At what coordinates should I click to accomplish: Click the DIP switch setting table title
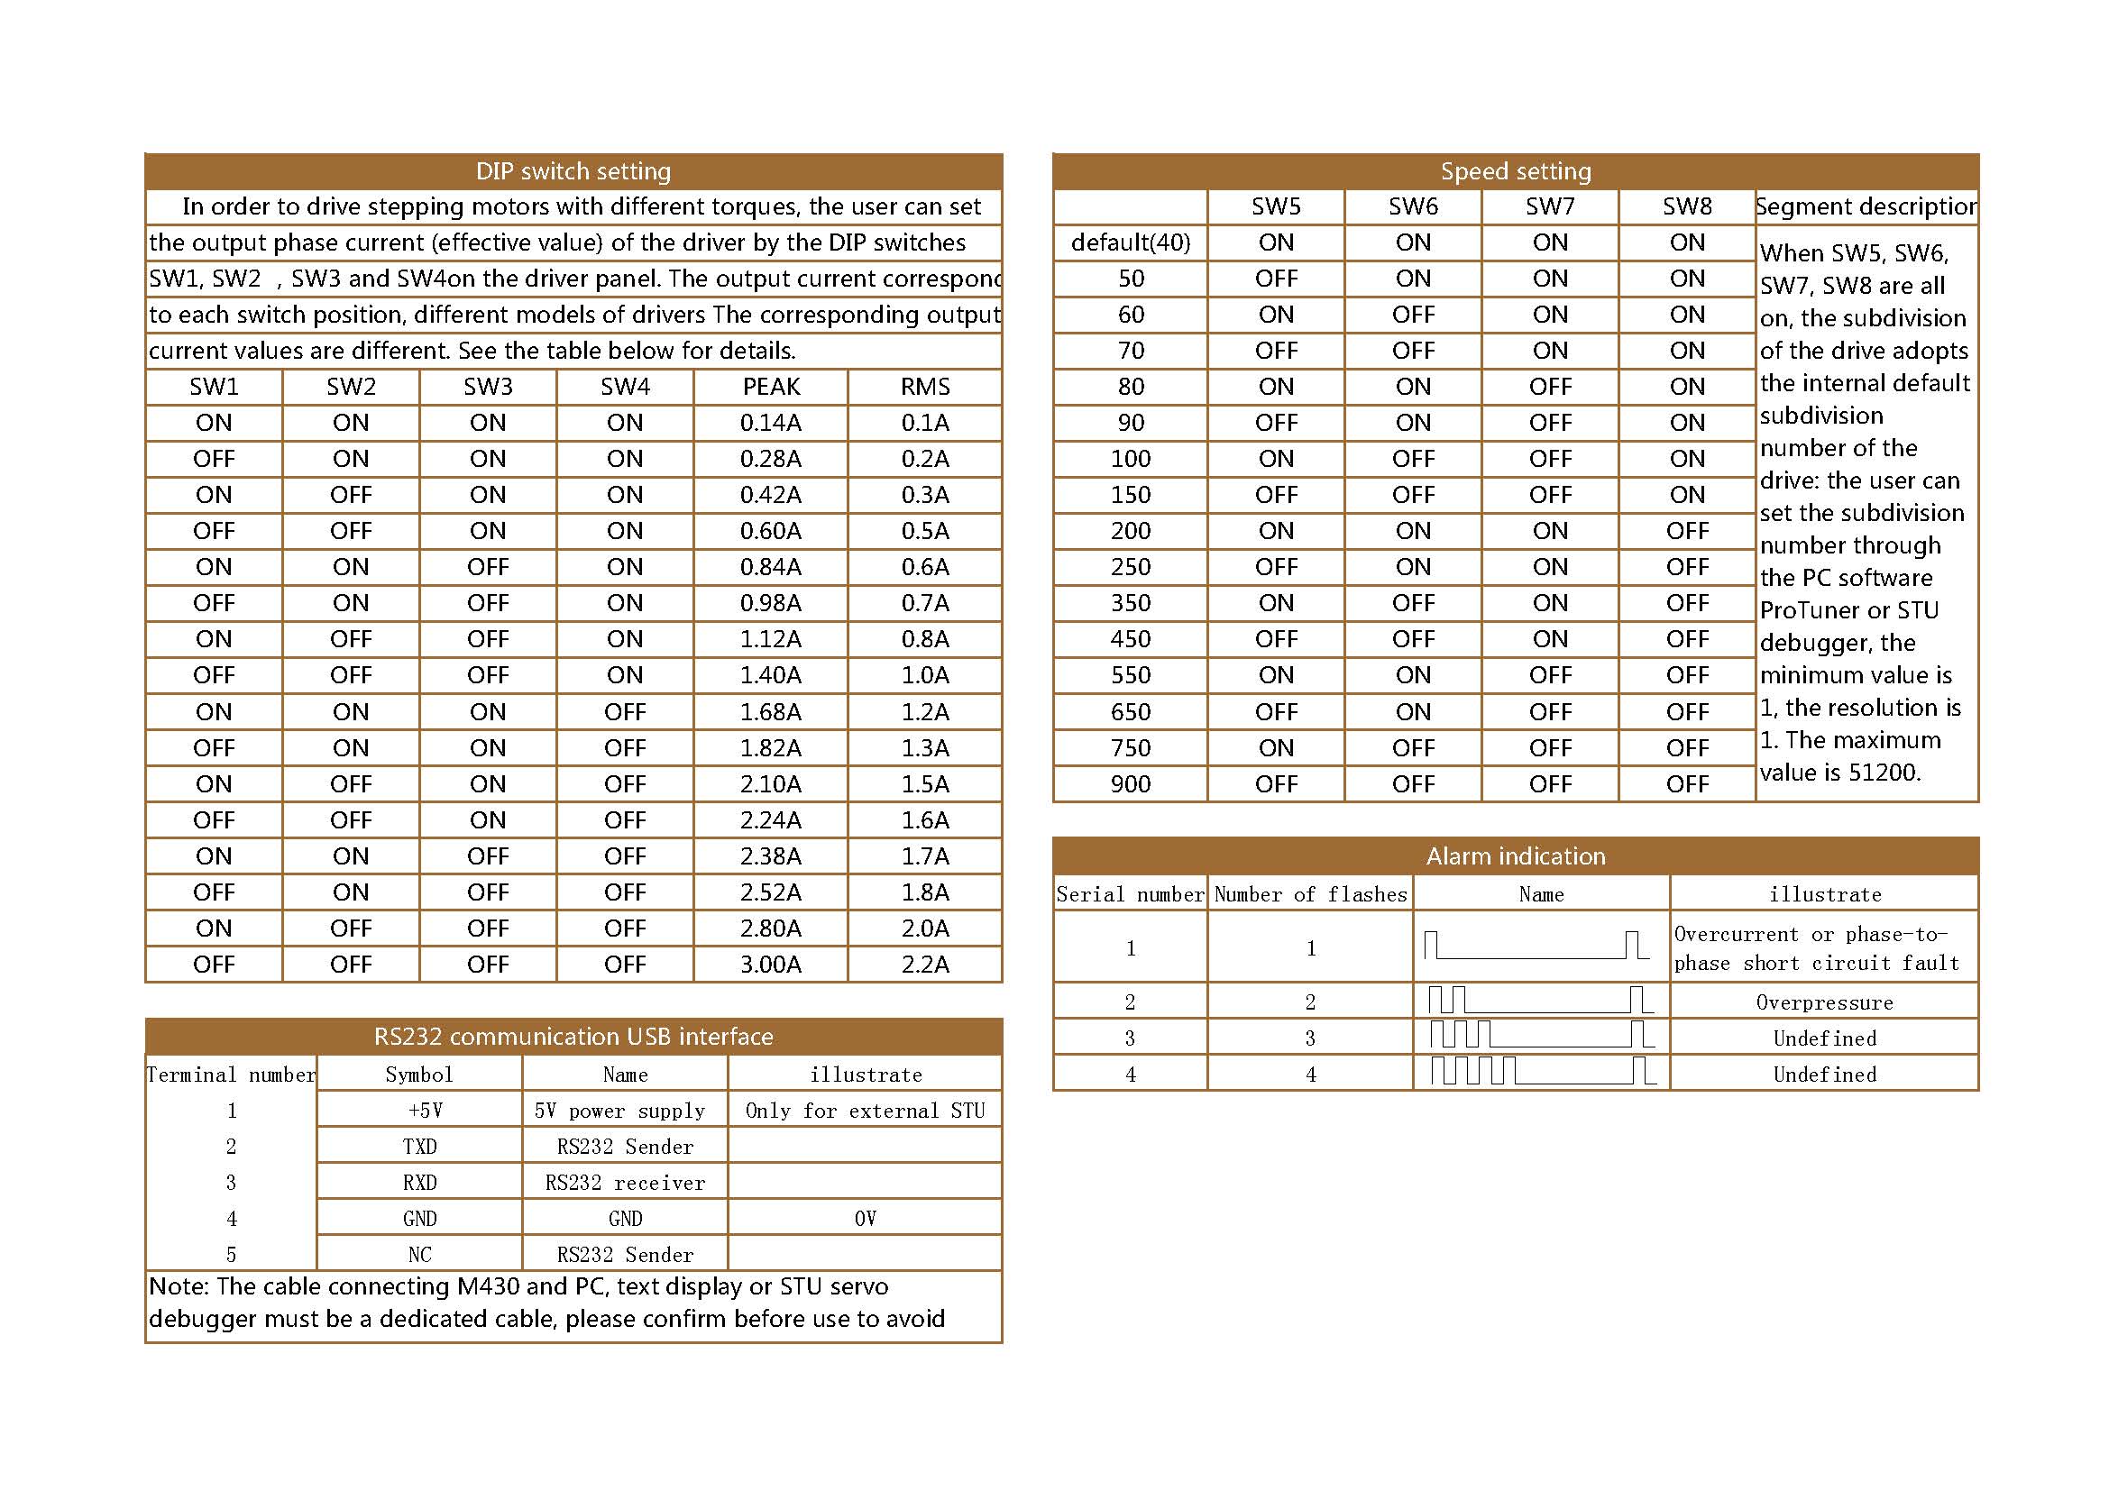[573, 171]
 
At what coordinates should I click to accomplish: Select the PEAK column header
[771, 387]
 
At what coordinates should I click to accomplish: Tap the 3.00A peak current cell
[771, 964]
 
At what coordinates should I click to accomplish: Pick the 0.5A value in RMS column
[924, 531]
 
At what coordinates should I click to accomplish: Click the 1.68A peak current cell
[771, 711]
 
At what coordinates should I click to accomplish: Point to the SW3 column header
[488, 387]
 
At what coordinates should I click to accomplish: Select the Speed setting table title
[1515, 171]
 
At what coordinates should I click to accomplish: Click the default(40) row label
[1130, 242]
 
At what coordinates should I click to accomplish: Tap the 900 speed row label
[1130, 784]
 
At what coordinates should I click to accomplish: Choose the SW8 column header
[1686, 206]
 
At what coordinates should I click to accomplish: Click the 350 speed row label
[1130, 603]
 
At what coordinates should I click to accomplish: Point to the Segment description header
[1866, 206]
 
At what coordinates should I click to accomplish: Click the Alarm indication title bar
[1515, 855]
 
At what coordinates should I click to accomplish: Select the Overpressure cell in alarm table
[1823, 1002]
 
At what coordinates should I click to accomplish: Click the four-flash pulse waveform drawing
[1541, 1072]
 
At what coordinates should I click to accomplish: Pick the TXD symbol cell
[420, 1146]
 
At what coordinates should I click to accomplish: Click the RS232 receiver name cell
[625, 1183]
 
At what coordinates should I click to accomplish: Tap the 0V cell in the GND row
[865, 1219]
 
